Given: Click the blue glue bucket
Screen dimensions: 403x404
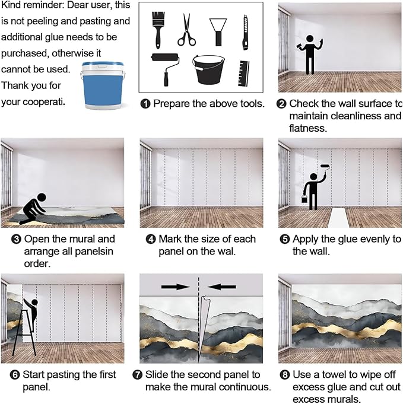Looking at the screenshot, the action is (x=102, y=85).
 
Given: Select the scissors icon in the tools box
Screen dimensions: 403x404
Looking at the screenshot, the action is (x=187, y=30).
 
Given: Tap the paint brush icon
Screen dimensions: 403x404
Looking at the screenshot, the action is (x=157, y=30).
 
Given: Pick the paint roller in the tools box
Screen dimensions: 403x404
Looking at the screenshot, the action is (x=165, y=69).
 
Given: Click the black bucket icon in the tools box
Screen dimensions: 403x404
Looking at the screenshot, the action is (x=208, y=69).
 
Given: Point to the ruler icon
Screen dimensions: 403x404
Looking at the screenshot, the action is (x=244, y=74).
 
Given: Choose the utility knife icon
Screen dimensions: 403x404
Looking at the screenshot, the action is (x=246, y=33).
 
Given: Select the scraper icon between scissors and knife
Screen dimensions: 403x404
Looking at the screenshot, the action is (x=218, y=32).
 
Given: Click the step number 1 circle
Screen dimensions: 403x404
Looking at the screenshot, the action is (x=145, y=104).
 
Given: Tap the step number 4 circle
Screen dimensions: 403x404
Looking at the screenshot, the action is (x=151, y=239).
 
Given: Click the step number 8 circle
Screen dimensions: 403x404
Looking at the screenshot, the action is (x=285, y=374).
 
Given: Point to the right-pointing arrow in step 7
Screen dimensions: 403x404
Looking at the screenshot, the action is (x=176, y=287).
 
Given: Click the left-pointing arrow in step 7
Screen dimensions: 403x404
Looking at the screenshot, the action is (x=221, y=287).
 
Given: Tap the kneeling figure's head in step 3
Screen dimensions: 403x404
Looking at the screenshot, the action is (x=42, y=198).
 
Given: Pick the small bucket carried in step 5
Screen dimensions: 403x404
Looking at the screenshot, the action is (x=304, y=199).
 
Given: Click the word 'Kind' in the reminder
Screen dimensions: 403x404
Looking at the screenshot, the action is (x=11, y=5).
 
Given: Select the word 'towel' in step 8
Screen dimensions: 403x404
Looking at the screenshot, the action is (x=334, y=374).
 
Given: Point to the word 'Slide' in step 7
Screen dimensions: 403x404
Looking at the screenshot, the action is (x=157, y=374).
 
